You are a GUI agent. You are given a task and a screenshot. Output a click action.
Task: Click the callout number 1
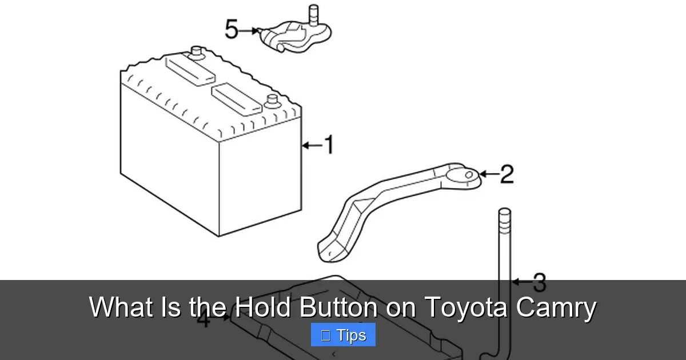click(328, 145)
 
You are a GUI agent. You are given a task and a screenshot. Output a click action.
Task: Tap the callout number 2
click(506, 174)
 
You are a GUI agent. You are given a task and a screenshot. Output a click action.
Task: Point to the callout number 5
click(232, 29)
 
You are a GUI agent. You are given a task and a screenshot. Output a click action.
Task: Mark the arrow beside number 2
click(489, 174)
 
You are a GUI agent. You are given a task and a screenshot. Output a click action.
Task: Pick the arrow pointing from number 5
click(249, 30)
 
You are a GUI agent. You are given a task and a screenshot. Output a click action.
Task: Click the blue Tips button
click(343, 335)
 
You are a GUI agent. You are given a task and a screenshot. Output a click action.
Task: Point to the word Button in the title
click(338, 307)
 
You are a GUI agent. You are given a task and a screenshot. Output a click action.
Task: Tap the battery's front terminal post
click(271, 103)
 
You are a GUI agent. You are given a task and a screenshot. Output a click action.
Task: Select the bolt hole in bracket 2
click(469, 174)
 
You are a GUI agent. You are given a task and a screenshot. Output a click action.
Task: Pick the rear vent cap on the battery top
click(190, 70)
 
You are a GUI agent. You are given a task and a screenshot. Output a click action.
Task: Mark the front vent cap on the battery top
click(237, 98)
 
